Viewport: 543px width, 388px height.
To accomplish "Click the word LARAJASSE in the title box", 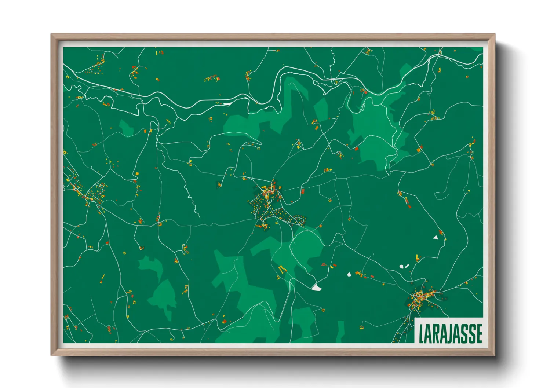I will [x=450, y=333].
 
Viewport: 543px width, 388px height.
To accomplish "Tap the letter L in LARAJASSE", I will [x=422, y=334].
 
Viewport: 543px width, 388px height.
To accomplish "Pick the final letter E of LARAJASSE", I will [x=478, y=333].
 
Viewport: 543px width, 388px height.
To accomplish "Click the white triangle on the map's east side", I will [x=436, y=237].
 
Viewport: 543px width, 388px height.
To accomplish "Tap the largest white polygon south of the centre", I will [x=316, y=288].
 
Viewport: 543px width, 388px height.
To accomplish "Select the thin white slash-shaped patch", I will [x=407, y=266].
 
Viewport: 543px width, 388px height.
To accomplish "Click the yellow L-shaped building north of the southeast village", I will [x=417, y=258].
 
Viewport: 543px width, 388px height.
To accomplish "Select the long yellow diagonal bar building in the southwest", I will [x=103, y=277].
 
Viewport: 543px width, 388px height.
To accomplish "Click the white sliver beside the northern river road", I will [x=227, y=104].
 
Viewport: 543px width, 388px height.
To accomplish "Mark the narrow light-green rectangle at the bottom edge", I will [x=340, y=332].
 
